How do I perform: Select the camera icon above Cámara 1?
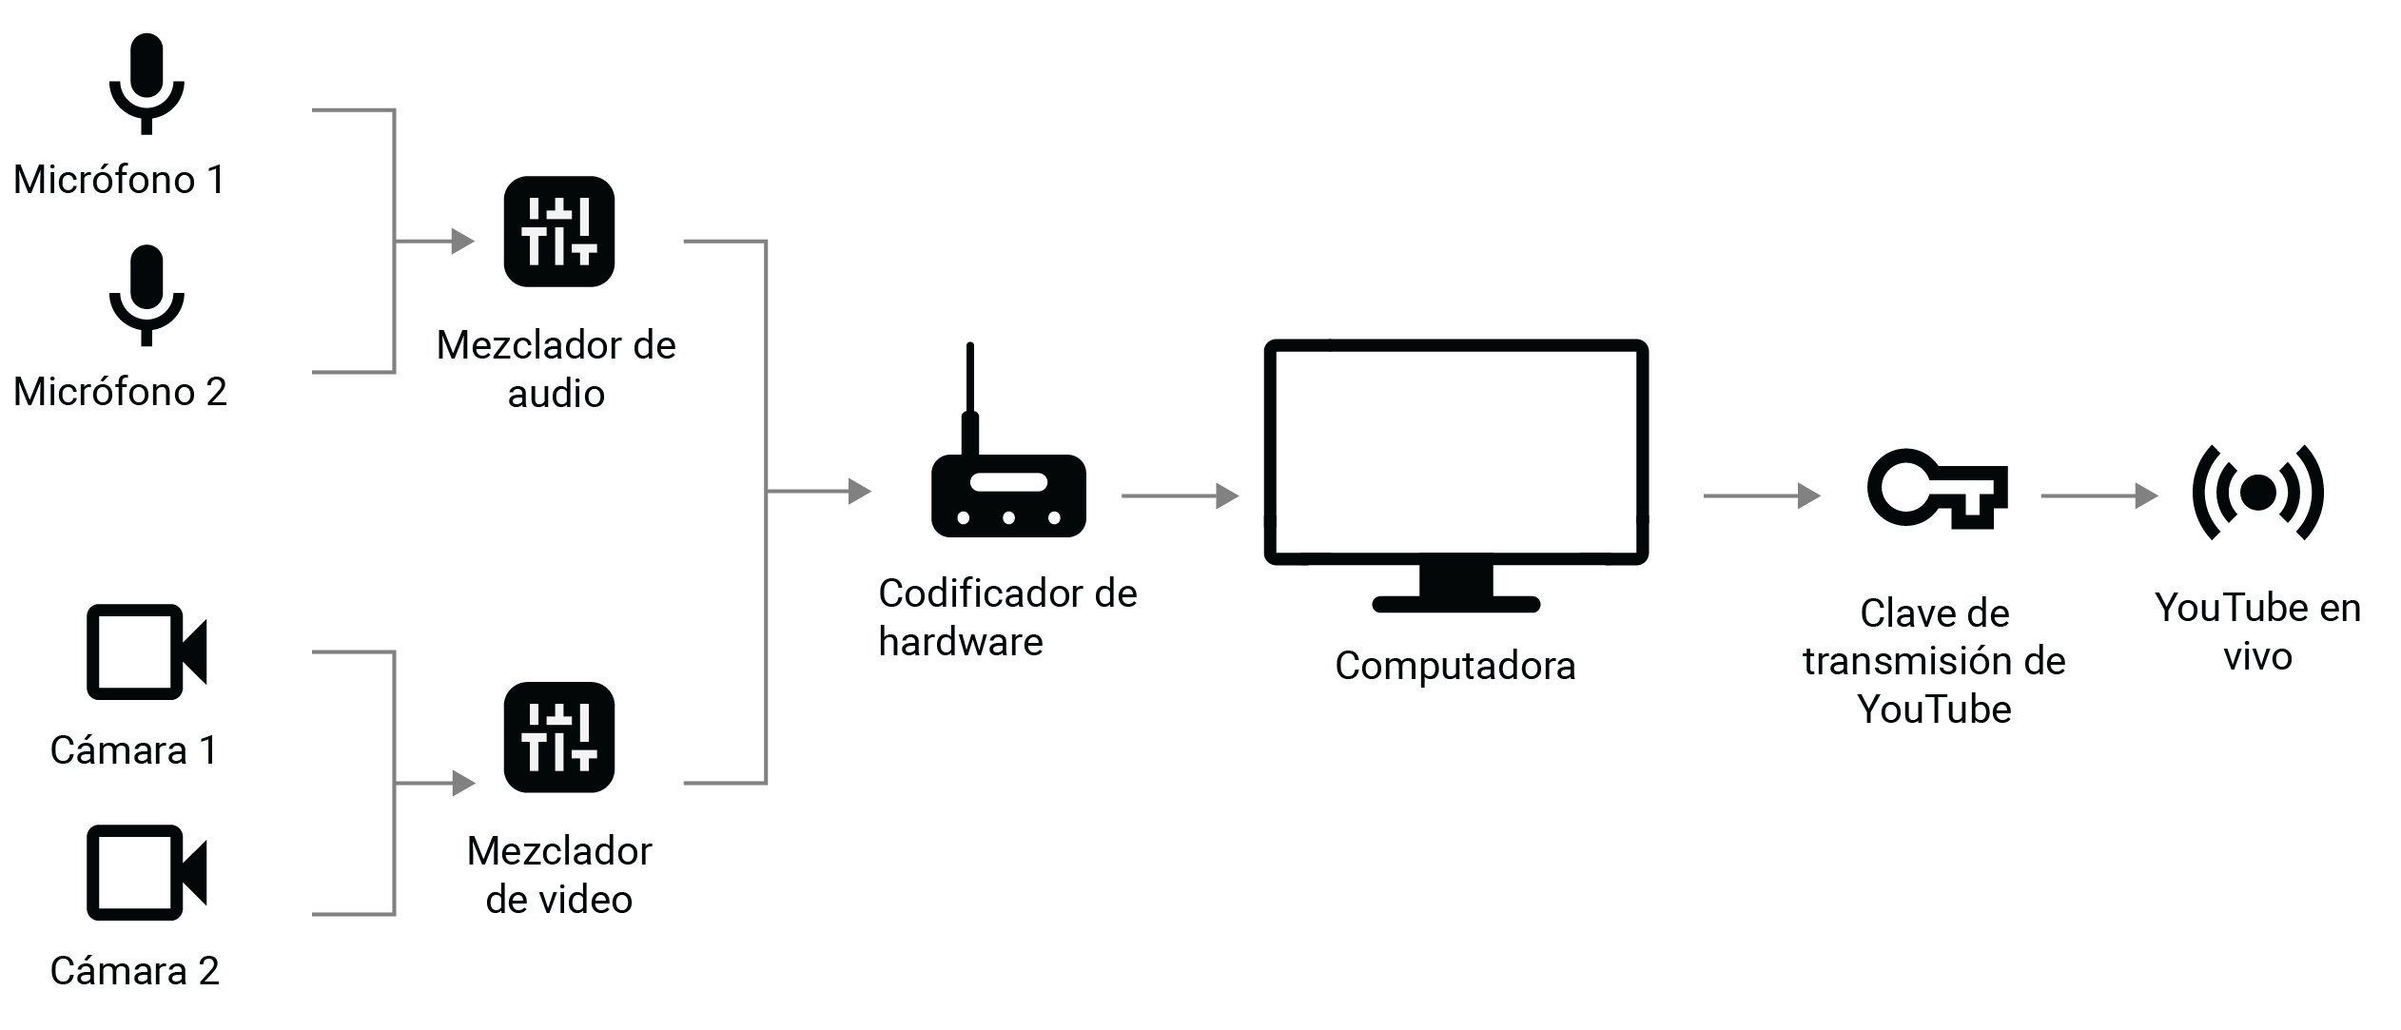(x=146, y=651)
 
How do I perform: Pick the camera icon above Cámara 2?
(x=146, y=872)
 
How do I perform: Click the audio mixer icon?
(x=558, y=231)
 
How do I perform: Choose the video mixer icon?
(x=558, y=737)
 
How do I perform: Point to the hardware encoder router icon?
(x=1007, y=496)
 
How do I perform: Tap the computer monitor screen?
(x=1454, y=452)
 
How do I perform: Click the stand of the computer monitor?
(x=1454, y=591)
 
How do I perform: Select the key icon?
(x=1936, y=490)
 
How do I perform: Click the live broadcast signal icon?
(x=2257, y=492)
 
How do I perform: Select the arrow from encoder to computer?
(x=1180, y=496)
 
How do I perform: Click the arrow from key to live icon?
(x=2098, y=496)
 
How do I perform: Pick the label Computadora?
(x=1454, y=666)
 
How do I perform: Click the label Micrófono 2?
(x=120, y=392)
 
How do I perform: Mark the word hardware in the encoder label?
(x=960, y=642)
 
